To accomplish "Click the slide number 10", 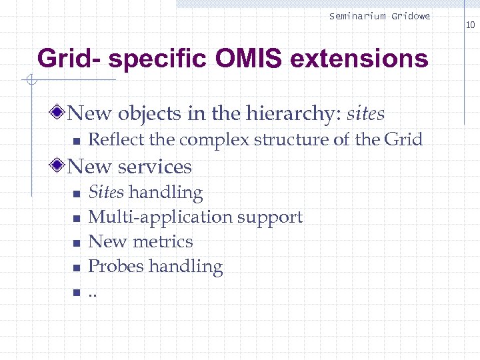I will [x=470, y=25].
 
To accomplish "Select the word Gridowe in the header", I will [x=411, y=16].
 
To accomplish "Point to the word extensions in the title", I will [x=360, y=59].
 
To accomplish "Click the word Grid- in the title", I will [x=69, y=59].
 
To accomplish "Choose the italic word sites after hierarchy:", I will [x=367, y=114].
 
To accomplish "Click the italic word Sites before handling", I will [x=106, y=193].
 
